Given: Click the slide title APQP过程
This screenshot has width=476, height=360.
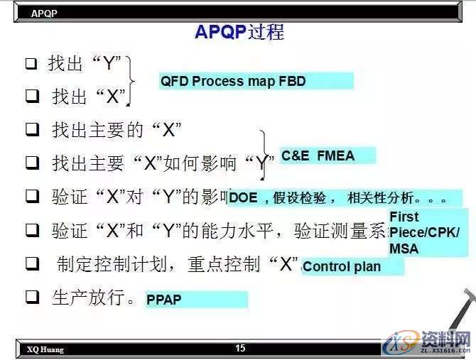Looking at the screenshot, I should (x=239, y=32).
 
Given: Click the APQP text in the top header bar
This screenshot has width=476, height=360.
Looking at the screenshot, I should (x=44, y=13).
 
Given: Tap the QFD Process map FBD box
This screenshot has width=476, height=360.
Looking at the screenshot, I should (x=256, y=81).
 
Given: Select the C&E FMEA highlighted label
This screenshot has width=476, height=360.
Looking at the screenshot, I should (x=327, y=156).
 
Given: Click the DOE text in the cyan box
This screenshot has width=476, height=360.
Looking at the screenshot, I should (x=244, y=198).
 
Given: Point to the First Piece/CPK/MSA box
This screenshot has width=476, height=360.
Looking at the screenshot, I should (x=424, y=232).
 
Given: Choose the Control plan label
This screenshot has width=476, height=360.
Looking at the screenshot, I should (x=352, y=267).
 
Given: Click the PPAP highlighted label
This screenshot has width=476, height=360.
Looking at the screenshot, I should (x=196, y=300).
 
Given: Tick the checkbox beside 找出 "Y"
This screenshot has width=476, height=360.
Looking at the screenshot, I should (x=31, y=64).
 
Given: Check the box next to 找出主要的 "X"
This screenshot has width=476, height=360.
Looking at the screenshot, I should (x=31, y=130).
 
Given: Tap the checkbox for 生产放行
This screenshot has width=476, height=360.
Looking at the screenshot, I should (x=31, y=298).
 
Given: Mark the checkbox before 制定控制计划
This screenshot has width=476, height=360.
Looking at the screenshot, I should (x=31, y=264).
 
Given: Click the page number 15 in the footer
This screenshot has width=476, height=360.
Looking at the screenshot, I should (x=240, y=348).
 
